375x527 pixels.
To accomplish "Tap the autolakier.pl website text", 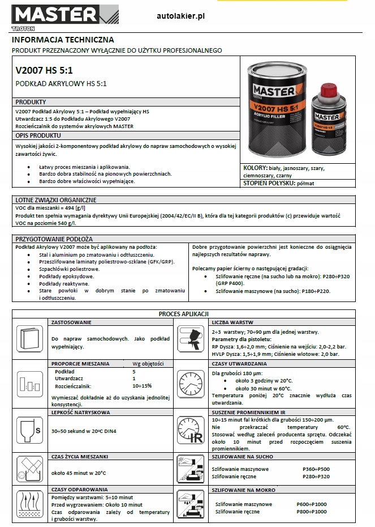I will coord(180,17).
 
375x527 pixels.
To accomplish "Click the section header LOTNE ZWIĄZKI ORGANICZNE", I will coord(56,200).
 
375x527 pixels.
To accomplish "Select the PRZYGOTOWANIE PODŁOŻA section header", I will coord(54,239).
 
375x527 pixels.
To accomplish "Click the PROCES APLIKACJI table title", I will coord(184,313).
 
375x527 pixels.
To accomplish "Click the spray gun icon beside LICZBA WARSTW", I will coord(191,339).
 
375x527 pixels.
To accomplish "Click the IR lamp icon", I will coord(191,430).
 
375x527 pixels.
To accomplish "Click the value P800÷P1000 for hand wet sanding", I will coord(312,511).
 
